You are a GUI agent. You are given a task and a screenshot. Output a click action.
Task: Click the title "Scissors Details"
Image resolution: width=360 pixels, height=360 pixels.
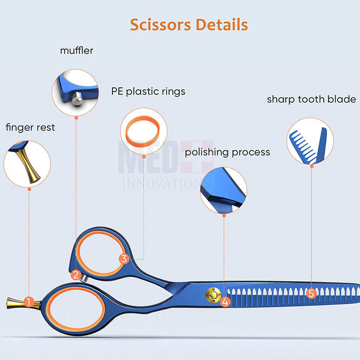pyautogui.click(x=189, y=25)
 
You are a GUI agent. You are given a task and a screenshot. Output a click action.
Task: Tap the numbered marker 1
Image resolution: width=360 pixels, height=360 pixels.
pyautogui.click(x=28, y=301)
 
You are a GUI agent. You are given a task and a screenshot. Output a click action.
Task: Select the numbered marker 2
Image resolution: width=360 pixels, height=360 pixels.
pyautogui.click(x=76, y=275)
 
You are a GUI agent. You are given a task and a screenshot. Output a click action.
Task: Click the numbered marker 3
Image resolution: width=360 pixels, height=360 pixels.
pyautogui.click(x=124, y=258)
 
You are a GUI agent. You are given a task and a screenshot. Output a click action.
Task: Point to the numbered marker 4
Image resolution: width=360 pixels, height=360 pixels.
pyautogui.click(x=225, y=301)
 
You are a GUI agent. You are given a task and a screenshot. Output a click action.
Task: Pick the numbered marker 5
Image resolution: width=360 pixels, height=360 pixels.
pyautogui.click(x=310, y=293)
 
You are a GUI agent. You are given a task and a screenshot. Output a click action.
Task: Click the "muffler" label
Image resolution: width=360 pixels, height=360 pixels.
pyautogui.click(x=76, y=51)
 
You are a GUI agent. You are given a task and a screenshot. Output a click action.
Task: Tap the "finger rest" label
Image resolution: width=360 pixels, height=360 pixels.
pyautogui.click(x=30, y=127)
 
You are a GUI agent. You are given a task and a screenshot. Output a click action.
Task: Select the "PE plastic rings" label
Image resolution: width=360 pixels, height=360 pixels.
pyautogui.click(x=148, y=91)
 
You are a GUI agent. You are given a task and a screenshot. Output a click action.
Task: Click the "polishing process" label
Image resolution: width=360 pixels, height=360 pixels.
pyautogui.click(x=227, y=152)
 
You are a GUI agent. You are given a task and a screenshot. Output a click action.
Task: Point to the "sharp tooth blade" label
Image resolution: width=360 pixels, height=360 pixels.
pyautogui.click(x=311, y=99)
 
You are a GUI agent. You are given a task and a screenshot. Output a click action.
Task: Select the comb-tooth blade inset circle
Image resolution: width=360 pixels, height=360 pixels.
pyautogui.click(x=310, y=141)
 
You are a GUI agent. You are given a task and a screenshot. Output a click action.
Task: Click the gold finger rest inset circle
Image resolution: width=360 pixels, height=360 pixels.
pyautogui.click(x=27, y=164)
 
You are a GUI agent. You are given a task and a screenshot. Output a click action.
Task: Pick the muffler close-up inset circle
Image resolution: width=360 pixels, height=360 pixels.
pyautogui.click(x=76, y=92)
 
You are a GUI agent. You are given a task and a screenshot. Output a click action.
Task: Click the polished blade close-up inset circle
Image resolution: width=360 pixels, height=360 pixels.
pyautogui.click(x=223, y=190)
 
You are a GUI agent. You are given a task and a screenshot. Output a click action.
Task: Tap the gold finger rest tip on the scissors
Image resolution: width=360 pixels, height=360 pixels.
pyautogui.click(x=14, y=302)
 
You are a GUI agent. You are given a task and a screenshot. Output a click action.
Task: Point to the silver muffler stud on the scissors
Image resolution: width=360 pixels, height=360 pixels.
pyautogui.click(x=85, y=277)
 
